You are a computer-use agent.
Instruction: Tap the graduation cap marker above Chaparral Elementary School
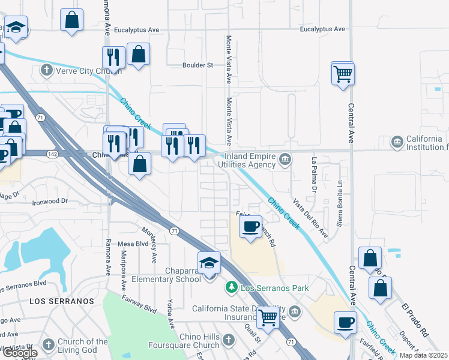[x=209, y=263]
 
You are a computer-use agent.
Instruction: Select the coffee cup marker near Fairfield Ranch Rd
[x=250, y=226]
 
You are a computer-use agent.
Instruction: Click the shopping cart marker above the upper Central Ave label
[x=343, y=74]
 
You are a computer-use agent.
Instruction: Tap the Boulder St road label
[x=198, y=65]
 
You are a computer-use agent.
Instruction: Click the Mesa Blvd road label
[x=133, y=244]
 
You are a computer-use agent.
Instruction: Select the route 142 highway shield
[x=52, y=154]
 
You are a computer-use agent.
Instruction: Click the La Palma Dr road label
[x=313, y=176]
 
